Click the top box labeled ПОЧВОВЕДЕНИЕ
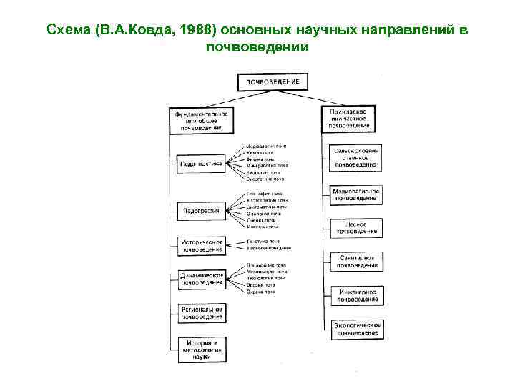tap(273, 81)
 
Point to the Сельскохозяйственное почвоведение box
tap(354, 158)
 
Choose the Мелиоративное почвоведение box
tap(355, 195)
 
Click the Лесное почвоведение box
tap(355, 227)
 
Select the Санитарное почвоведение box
tap(355, 262)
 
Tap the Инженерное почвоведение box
tap(355, 296)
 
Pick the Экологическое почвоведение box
tap(355, 329)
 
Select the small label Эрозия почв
tap(260, 285)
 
